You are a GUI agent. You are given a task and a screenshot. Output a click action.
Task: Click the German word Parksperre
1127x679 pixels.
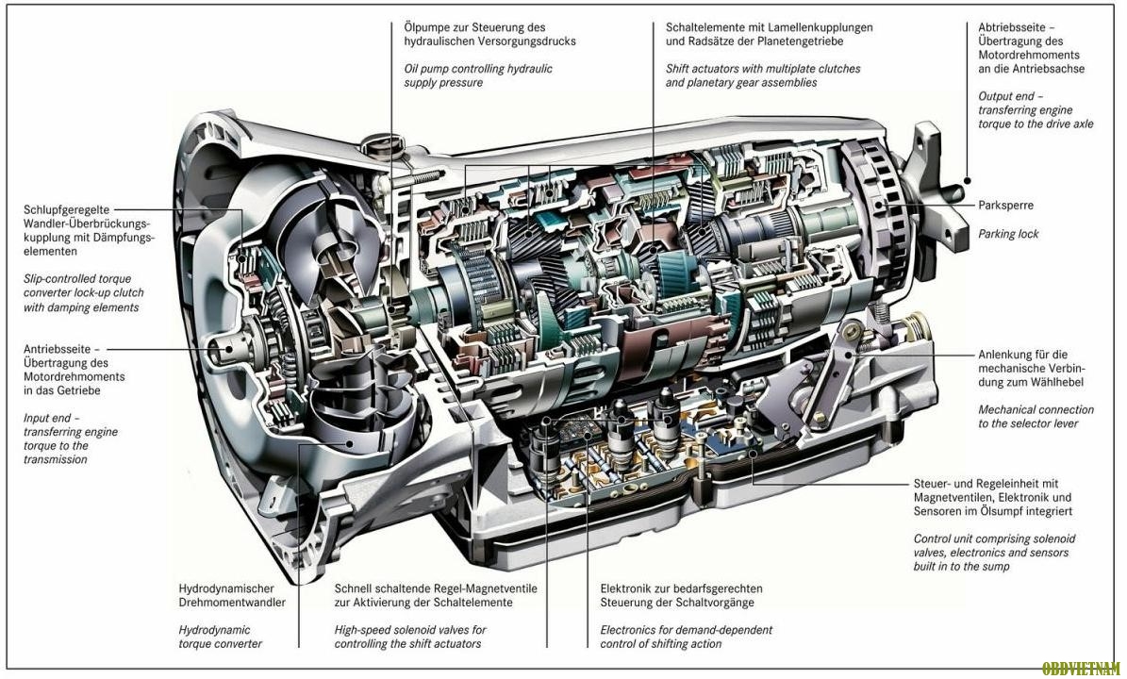(1006, 205)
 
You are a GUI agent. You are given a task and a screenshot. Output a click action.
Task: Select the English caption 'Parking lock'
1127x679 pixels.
(1008, 234)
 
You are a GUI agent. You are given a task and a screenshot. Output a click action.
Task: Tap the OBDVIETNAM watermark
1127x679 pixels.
(1083, 669)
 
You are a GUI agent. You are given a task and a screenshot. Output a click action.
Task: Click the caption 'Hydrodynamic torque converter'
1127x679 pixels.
(221, 637)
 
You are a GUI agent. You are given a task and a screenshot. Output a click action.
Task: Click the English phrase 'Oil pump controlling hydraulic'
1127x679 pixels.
(478, 69)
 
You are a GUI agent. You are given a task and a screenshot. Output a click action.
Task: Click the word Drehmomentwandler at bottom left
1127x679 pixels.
(232, 603)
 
